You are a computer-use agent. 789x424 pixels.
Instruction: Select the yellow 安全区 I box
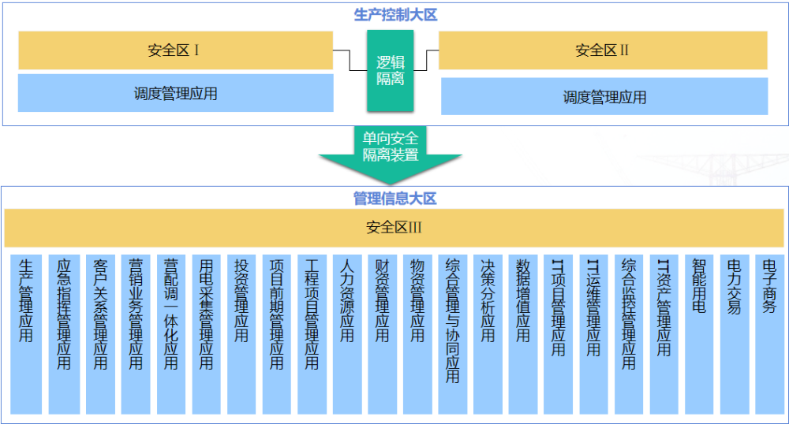(x=175, y=50)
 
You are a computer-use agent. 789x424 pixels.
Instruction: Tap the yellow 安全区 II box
(x=603, y=50)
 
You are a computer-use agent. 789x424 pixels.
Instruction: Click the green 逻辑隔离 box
(x=390, y=70)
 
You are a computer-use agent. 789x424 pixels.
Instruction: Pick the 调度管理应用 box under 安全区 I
(x=175, y=94)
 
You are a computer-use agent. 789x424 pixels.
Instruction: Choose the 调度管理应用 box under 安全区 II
(x=604, y=97)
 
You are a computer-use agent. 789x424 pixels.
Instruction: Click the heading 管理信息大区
(x=394, y=199)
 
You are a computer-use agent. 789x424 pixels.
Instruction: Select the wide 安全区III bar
(x=394, y=228)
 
